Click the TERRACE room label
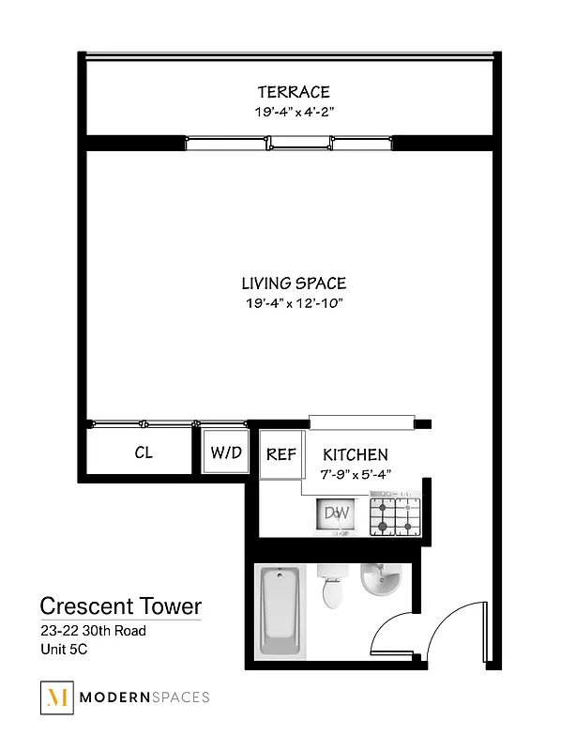tap(294, 92)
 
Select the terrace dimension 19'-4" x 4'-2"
tap(294, 112)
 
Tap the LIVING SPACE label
tap(294, 284)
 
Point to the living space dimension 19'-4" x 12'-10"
tap(294, 303)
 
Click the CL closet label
tap(144, 453)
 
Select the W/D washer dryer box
tap(225, 453)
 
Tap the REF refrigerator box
tap(280, 454)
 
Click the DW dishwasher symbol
tap(336, 515)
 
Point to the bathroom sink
tap(383, 579)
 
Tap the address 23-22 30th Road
tap(92, 631)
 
